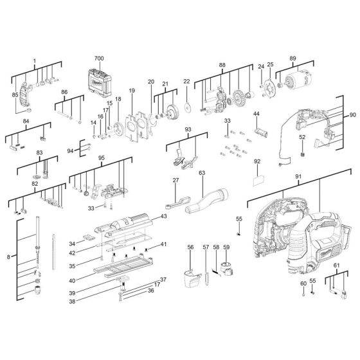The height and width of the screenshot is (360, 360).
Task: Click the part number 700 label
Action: [99, 59]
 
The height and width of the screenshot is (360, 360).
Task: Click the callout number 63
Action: [201, 174]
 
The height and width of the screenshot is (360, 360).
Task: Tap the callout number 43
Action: [163, 217]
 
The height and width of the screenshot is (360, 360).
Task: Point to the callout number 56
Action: [190, 248]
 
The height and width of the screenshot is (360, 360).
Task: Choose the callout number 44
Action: [256, 114]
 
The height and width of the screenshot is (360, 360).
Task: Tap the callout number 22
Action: [187, 82]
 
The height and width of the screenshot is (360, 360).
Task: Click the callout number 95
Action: [101, 157]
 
